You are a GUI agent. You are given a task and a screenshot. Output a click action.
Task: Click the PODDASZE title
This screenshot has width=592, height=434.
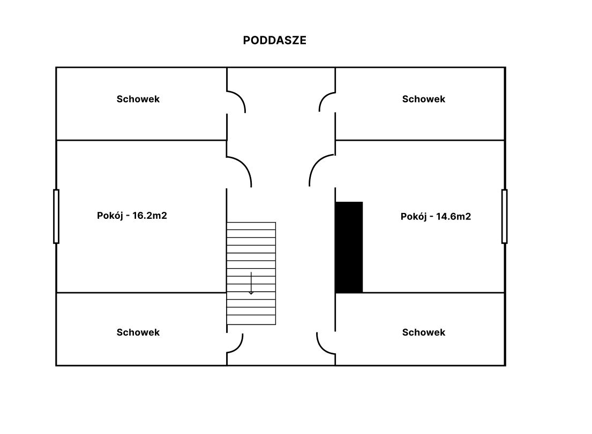274,40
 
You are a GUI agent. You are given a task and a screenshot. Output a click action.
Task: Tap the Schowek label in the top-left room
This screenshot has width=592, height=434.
138,99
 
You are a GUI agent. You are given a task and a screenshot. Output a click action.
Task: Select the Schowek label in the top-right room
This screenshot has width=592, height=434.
424,99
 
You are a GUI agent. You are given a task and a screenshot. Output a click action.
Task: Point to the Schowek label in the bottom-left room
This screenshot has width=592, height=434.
138,332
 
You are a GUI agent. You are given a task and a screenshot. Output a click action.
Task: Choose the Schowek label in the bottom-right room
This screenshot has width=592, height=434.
424,332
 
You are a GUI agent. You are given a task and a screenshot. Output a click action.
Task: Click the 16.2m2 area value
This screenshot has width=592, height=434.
149,215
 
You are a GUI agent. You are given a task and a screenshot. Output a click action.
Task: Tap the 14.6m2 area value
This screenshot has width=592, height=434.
453,216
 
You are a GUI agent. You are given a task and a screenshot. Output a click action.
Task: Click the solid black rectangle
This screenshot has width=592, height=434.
349,247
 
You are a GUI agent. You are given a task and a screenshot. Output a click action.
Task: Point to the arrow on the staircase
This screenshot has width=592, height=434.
251,283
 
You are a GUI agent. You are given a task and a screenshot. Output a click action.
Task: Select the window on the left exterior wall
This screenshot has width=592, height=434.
56,216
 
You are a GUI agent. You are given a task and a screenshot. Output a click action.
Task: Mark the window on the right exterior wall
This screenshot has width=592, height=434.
505,216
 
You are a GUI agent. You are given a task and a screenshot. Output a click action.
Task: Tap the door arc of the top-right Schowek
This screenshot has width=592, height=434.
324,96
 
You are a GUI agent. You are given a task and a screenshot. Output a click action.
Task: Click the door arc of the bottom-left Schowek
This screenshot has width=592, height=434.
239,348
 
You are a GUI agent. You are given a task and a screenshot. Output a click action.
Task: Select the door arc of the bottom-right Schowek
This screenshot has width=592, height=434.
321,348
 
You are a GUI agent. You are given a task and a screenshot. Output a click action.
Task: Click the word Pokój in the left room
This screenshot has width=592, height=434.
110,215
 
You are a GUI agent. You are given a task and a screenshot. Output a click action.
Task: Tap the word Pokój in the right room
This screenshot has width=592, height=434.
414,216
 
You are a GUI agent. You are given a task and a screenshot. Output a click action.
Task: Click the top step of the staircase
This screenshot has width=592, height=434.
251,226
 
